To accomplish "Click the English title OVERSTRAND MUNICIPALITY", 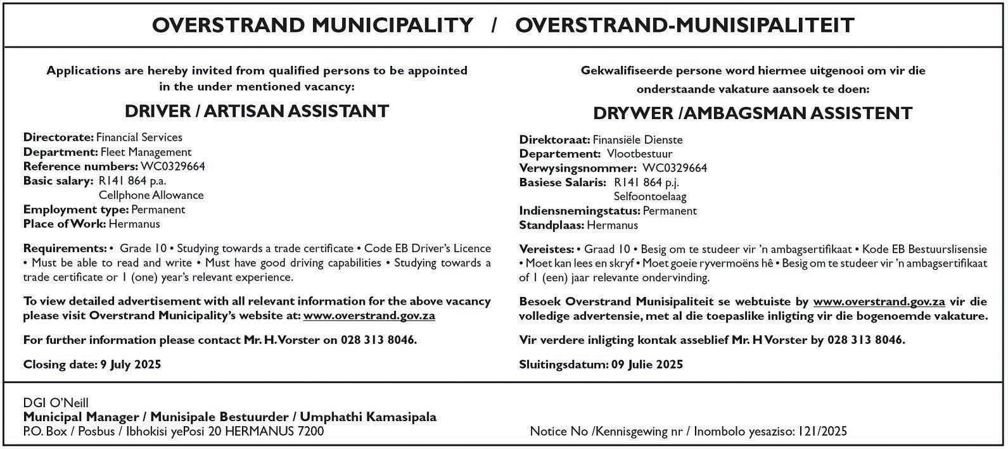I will point(312,25).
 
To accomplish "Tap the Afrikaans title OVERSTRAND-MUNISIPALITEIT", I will point(684,25).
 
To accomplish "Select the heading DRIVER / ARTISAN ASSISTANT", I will point(257,111).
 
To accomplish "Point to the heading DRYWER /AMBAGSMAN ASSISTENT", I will point(753,113).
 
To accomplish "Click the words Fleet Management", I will point(146,152).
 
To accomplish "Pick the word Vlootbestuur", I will point(640,154).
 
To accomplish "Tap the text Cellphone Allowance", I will point(151,195).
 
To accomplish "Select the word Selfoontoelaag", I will point(650,197).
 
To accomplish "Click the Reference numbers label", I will point(80,167).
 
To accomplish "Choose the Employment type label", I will point(76,210).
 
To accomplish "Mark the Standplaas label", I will point(551,225).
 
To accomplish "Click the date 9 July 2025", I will point(131,364).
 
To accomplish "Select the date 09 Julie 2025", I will point(647,364).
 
